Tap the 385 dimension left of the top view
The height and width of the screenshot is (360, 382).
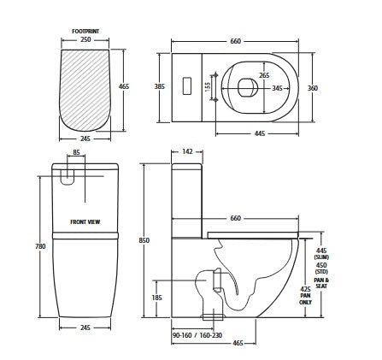[159, 87]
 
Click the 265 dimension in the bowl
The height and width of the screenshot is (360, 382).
[253, 75]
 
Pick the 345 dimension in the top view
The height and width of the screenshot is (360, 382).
[276, 88]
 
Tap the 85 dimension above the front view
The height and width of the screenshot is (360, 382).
[77, 155]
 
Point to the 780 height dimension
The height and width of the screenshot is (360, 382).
[39, 247]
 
